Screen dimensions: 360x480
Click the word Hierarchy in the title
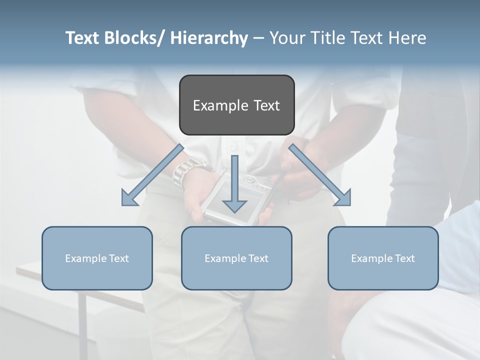208,38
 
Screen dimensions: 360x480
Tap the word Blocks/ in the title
134,38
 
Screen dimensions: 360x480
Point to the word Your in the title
287,38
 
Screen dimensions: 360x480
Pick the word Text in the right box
404,258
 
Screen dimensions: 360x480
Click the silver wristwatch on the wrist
187,170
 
